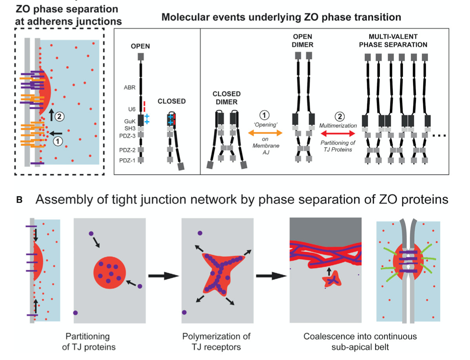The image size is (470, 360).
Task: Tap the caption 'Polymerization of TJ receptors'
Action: click(x=216, y=341)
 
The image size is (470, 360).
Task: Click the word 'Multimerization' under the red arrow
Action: click(x=338, y=125)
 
